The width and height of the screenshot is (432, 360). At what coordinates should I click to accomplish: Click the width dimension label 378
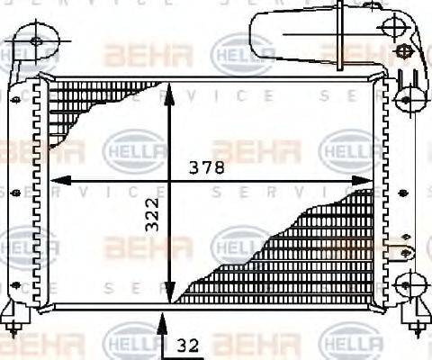[x=206, y=167]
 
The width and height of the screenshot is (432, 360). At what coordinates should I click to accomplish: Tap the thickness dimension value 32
[x=187, y=342]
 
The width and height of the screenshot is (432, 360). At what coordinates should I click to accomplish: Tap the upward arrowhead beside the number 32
[x=162, y=317]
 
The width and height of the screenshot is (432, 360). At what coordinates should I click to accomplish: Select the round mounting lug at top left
[x=36, y=40]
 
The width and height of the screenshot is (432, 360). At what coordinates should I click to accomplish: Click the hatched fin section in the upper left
[x=81, y=108]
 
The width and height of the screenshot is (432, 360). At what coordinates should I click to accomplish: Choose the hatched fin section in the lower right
[x=297, y=252]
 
